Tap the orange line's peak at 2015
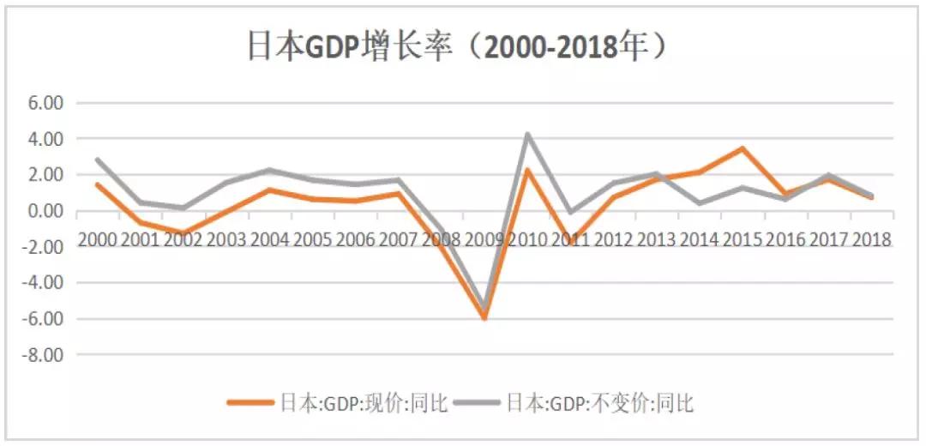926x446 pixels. pos(743,148)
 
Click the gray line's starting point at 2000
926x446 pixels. pos(98,160)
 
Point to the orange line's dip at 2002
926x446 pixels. pos(183,234)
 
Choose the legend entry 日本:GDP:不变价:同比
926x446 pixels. pos(599,402)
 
